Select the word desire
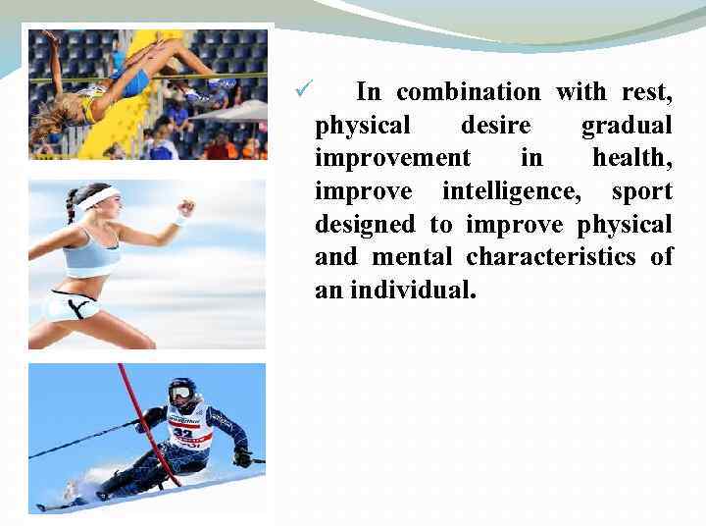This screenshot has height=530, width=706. point(495,126)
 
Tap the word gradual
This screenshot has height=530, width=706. point(627,126)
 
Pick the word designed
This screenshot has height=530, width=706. point(365,225)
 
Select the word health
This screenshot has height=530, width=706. point(631,158)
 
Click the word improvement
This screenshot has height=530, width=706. point(392,158)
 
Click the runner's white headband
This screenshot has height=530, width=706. point(98,198)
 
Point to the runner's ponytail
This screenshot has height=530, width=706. point(71,205)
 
